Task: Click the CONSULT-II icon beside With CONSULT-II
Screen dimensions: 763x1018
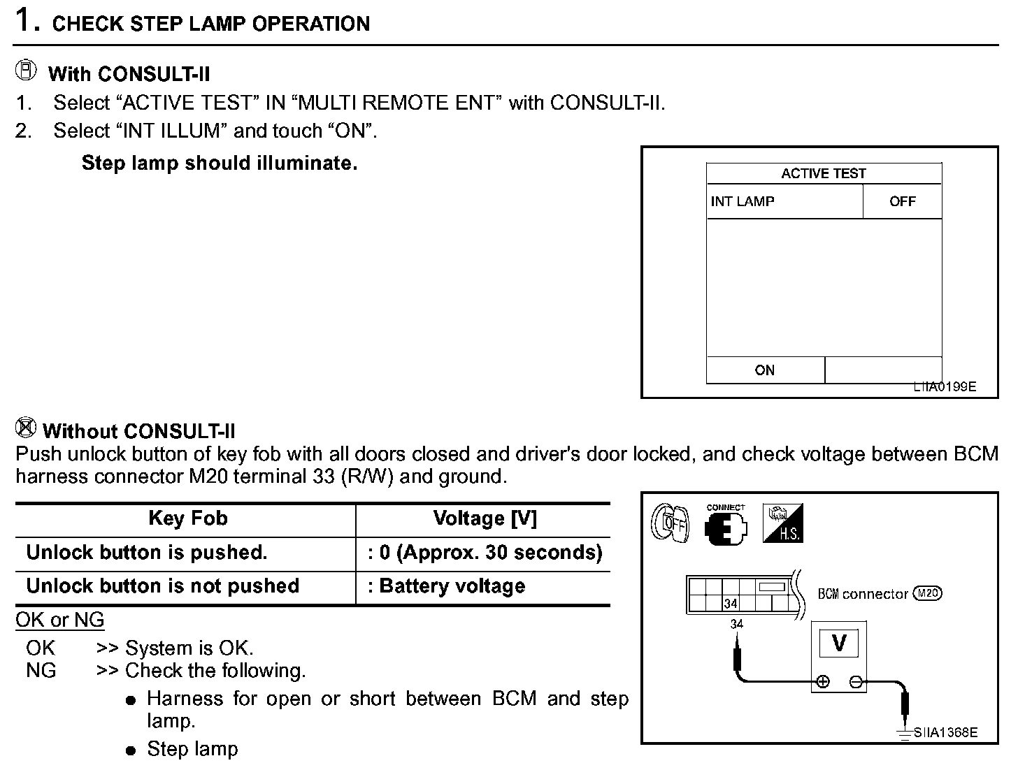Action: point(26,71)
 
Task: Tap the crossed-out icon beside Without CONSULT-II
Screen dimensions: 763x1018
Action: point(26,426)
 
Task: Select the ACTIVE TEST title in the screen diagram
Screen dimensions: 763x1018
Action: point(823,173)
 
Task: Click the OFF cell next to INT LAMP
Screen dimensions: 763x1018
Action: point(902,201)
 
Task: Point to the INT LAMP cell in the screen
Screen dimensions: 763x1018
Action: point(743,201)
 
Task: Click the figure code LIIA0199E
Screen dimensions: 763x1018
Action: point(945,386)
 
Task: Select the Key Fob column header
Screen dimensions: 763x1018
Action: point(187,518)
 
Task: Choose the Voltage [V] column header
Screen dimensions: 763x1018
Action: point(485,518)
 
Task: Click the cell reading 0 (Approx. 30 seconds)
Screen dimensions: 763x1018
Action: point(485,553)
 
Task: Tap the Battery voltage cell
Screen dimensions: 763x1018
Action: point(452,586)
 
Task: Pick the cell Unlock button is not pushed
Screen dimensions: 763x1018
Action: point(162,586)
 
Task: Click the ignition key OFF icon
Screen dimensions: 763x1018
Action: point(670,523)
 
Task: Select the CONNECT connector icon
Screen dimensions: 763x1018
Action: point(726,525)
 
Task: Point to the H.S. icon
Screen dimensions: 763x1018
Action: point(782,523)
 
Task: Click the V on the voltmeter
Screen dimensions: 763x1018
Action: point(839,642)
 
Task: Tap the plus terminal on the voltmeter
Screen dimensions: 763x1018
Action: point(823,682)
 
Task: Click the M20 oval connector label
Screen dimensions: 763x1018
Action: point(929,593)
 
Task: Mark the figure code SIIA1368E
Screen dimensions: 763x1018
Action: point(945,732)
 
